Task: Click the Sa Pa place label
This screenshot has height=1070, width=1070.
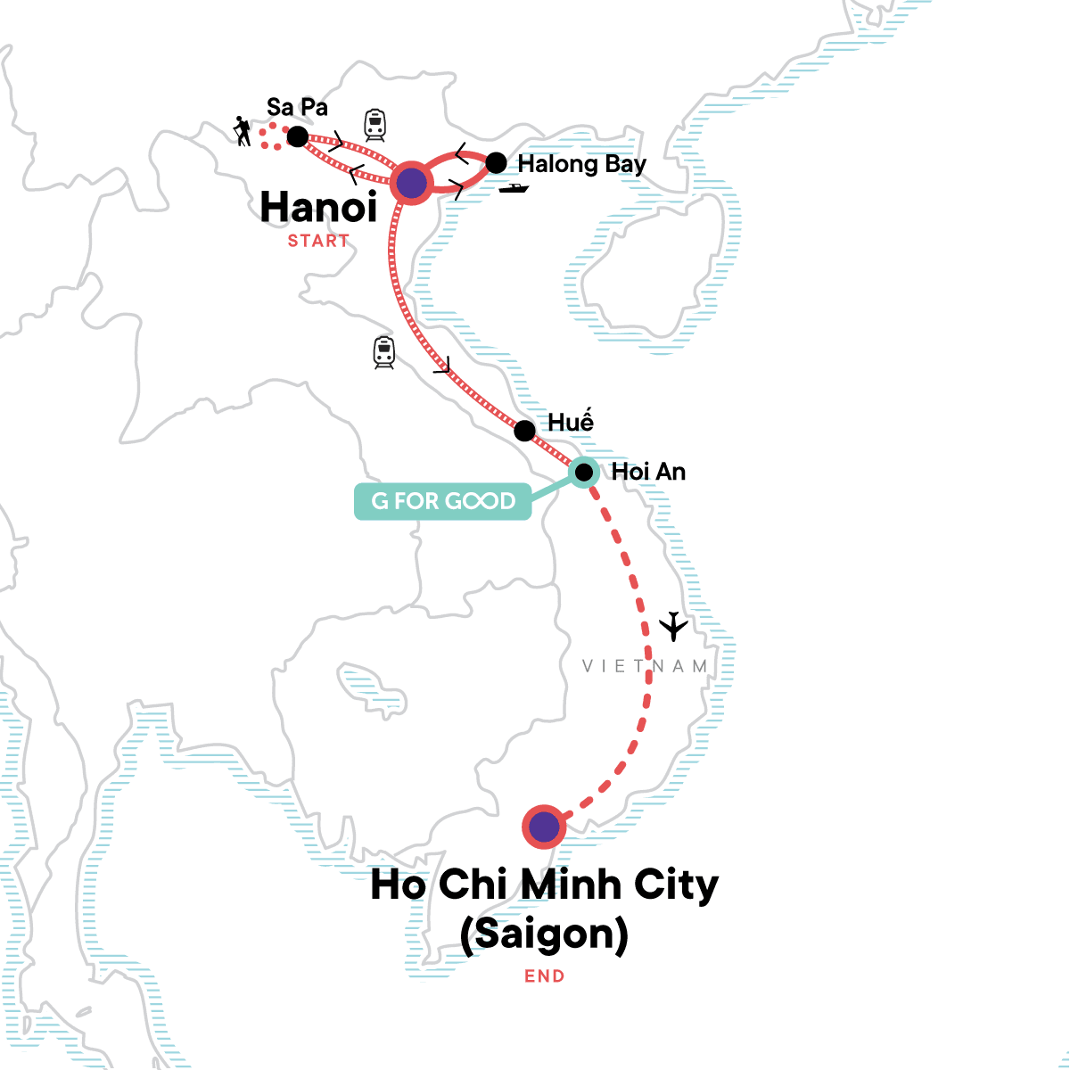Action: [x=297, y=108]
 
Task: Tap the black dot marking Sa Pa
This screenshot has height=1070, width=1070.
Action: [x=298, y=136]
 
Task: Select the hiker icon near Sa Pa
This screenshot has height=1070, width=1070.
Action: [x=242, y=131]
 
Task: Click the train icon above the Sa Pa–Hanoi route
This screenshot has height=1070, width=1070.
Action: [x=374, y=125]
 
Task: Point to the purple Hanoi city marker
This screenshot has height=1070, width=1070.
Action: [x=411, y=183]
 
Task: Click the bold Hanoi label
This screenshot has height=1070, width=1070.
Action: [x=318, y=208]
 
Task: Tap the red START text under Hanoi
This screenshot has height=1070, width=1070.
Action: [x=318, y=241]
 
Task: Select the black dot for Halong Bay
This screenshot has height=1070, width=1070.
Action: [x=496, y=162]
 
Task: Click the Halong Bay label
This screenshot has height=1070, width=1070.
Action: [x=581, y=164]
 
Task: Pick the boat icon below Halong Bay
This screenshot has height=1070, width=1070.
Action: [x=514, y=188]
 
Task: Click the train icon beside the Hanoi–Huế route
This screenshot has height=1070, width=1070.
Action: [x=384, y=352]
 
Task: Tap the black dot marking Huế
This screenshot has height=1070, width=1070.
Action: [x=525, y=431]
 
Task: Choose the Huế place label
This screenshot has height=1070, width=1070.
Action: [x=571, y=422]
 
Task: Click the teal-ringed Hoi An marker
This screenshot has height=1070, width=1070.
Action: [x=583, y=472]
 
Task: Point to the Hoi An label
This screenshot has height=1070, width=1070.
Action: [x=648, y=472]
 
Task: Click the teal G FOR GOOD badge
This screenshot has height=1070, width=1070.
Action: [x=442, y=501]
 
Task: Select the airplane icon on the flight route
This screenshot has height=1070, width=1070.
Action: [x=674, y=626]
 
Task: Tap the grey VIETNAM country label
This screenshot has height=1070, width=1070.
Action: [x=645, y=666]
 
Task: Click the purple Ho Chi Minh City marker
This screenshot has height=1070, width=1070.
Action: [x=544, y=827]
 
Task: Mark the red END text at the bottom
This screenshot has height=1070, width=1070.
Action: [x=545, y=976]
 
